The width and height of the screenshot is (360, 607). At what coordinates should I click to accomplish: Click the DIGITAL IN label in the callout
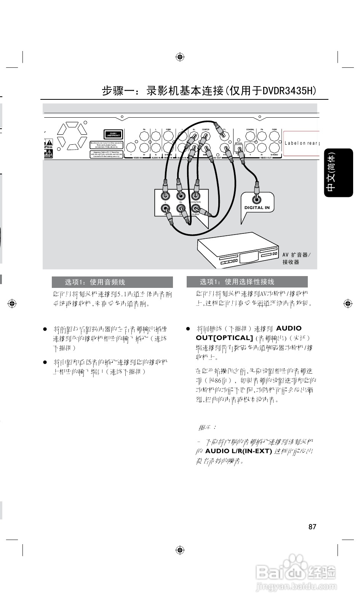pos(257,208)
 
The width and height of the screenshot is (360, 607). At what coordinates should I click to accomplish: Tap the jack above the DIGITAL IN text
pos(257,198)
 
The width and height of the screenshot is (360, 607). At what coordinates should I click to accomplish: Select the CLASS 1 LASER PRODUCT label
pos(113,134)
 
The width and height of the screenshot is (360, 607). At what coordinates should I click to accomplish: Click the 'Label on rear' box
pos(301,143)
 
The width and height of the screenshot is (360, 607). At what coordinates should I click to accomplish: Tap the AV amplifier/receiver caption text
pos(296,258)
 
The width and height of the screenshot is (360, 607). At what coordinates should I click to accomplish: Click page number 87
pos(312,527)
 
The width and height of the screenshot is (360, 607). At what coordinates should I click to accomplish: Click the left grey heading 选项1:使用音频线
pos(112,282)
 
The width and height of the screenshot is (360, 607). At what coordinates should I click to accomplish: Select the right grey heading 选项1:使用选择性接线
pos(247,282)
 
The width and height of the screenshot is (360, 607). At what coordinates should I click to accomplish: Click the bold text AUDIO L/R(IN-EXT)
pos(238,451)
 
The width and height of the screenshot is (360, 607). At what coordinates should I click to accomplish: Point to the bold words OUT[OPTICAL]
pos(224,338)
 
